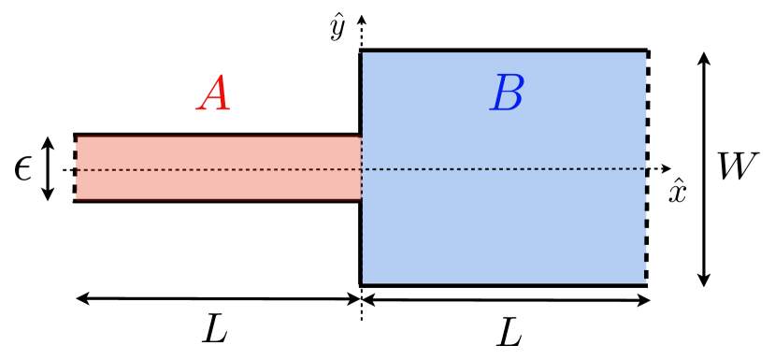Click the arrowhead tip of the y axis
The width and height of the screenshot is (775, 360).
tap(362, 17)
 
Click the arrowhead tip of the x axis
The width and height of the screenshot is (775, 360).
tap(669, 169)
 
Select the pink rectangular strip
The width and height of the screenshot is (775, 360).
tap(217, 168)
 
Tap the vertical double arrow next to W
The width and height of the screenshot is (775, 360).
tap(705, 168)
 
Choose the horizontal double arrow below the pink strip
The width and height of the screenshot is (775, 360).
tap(217, 299)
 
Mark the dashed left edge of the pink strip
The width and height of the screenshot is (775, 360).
tap(75, 168)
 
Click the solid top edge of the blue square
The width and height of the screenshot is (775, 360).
tap(505, 50)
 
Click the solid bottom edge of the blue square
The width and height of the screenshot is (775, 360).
tap(505, 284)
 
